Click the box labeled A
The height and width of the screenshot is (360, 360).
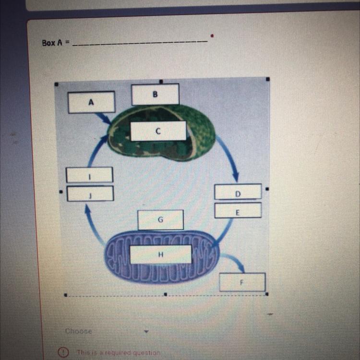point(91,102)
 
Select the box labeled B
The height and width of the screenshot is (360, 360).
point(156,94)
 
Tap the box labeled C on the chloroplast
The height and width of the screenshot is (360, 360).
point(158,131)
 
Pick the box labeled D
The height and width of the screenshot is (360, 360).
point(238,192)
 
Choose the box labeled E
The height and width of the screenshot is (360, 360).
point(238,210)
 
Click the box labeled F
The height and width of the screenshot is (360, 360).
point(242,282)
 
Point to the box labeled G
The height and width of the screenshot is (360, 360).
point(160,220)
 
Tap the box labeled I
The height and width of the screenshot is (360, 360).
point(90,175)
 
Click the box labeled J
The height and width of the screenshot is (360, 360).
point(90,193)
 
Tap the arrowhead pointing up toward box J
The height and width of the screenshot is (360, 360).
point(87,208)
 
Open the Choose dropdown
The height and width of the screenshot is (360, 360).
point(106,331)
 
